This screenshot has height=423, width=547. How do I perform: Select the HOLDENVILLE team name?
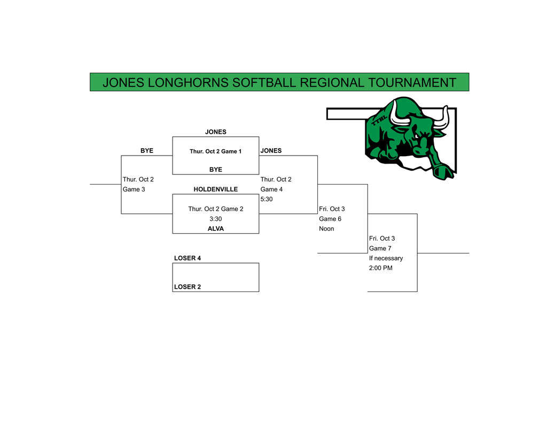215,189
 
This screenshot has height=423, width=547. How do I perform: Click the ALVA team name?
215,229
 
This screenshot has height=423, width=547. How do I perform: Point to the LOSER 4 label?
187,258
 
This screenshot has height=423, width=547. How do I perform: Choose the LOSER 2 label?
187,287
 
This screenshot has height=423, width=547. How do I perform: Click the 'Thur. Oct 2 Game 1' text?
215,151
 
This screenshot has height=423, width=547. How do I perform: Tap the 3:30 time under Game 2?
215,219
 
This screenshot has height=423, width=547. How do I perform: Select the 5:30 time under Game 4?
267,199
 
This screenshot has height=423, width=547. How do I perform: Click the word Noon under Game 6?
326,229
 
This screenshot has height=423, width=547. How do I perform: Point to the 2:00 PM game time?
380,268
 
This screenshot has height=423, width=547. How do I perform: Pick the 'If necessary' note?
386,258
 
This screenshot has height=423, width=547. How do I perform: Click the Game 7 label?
380,248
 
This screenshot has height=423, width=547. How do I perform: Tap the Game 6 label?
330,219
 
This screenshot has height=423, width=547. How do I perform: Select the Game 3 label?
134,189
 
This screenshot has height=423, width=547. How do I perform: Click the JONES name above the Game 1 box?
216,132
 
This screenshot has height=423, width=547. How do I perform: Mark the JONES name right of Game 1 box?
271,151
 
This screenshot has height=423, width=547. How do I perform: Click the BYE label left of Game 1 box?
147,151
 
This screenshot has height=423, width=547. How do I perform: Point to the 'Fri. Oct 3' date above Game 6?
332,209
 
